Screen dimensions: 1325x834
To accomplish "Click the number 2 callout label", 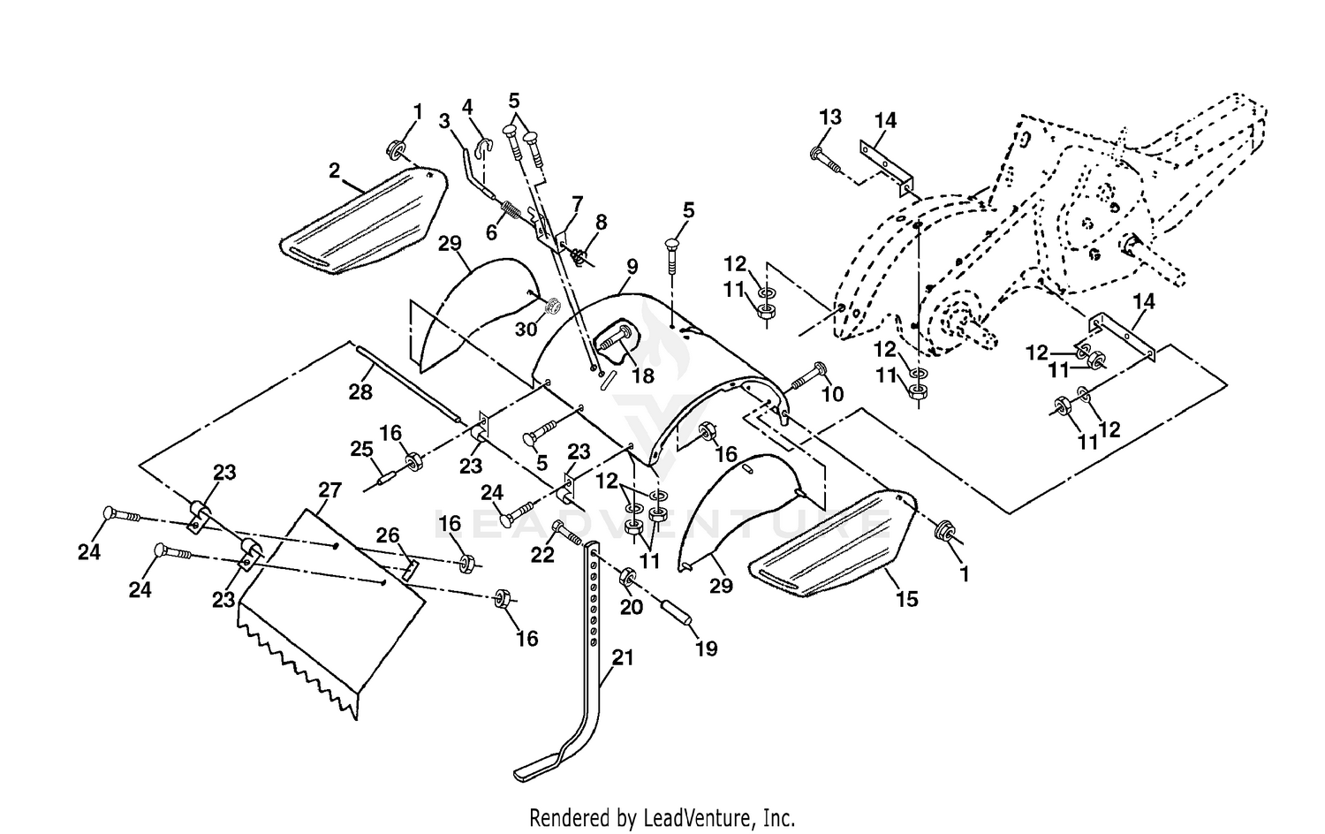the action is coord(334,171).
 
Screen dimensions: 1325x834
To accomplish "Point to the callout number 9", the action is coord(632,267).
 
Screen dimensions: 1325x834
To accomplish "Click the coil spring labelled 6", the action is coord(511,210).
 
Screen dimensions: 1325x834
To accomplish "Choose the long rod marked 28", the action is coord(407,385).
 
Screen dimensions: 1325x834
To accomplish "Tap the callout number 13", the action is coord(830,118).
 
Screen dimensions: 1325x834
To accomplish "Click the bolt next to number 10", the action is coord(808,376).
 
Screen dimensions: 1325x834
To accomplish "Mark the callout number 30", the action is coord(526,329).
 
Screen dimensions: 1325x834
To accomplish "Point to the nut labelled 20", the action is coord(627,575).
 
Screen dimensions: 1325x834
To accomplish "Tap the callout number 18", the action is coord(643,375).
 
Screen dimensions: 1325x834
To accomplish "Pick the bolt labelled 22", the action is coord(569,533).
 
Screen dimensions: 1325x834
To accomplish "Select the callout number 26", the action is coord(388,535).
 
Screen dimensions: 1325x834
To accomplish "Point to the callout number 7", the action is coord(577,204).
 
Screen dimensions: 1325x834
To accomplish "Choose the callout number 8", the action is coord(601,223).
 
